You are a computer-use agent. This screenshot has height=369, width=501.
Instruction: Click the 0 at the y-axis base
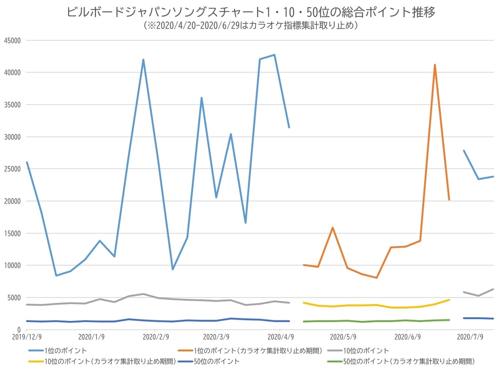pos(19,330)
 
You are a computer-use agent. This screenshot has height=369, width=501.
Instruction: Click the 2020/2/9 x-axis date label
pos(155,337)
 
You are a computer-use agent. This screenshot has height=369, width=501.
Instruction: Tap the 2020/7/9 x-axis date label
pos(469,337)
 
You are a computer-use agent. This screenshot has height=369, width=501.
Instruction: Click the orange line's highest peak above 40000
pos(435,65)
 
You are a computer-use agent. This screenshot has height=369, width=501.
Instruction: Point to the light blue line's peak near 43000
pos(274,55)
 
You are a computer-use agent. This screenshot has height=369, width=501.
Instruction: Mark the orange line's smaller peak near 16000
pos(332,228)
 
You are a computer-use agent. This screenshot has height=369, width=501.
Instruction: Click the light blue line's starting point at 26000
pos(27,162)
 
